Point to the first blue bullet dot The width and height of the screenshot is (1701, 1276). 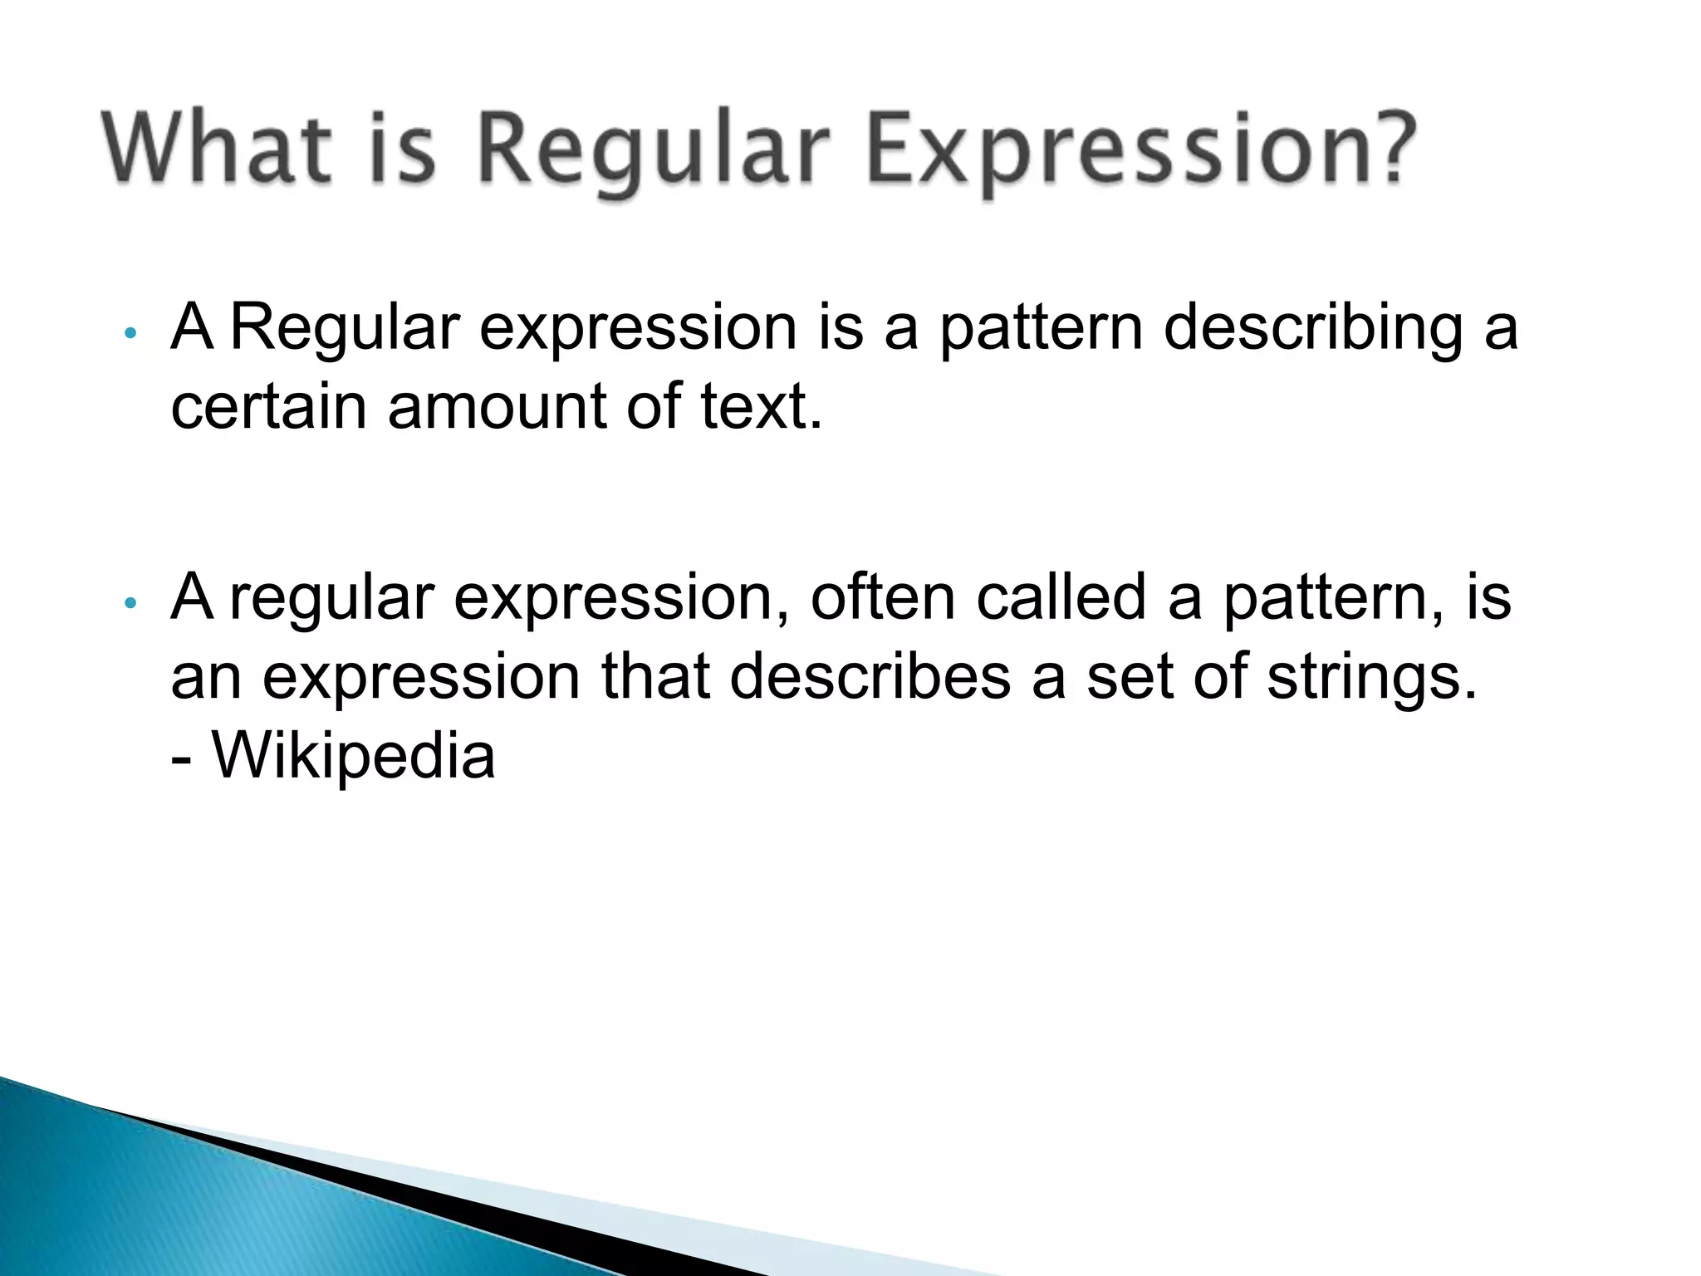click(129, 334)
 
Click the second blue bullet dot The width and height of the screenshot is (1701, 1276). click(129, 604)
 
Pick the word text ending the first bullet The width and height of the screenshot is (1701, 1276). click(760, 407)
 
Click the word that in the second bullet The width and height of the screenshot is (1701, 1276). click(655, 677)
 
